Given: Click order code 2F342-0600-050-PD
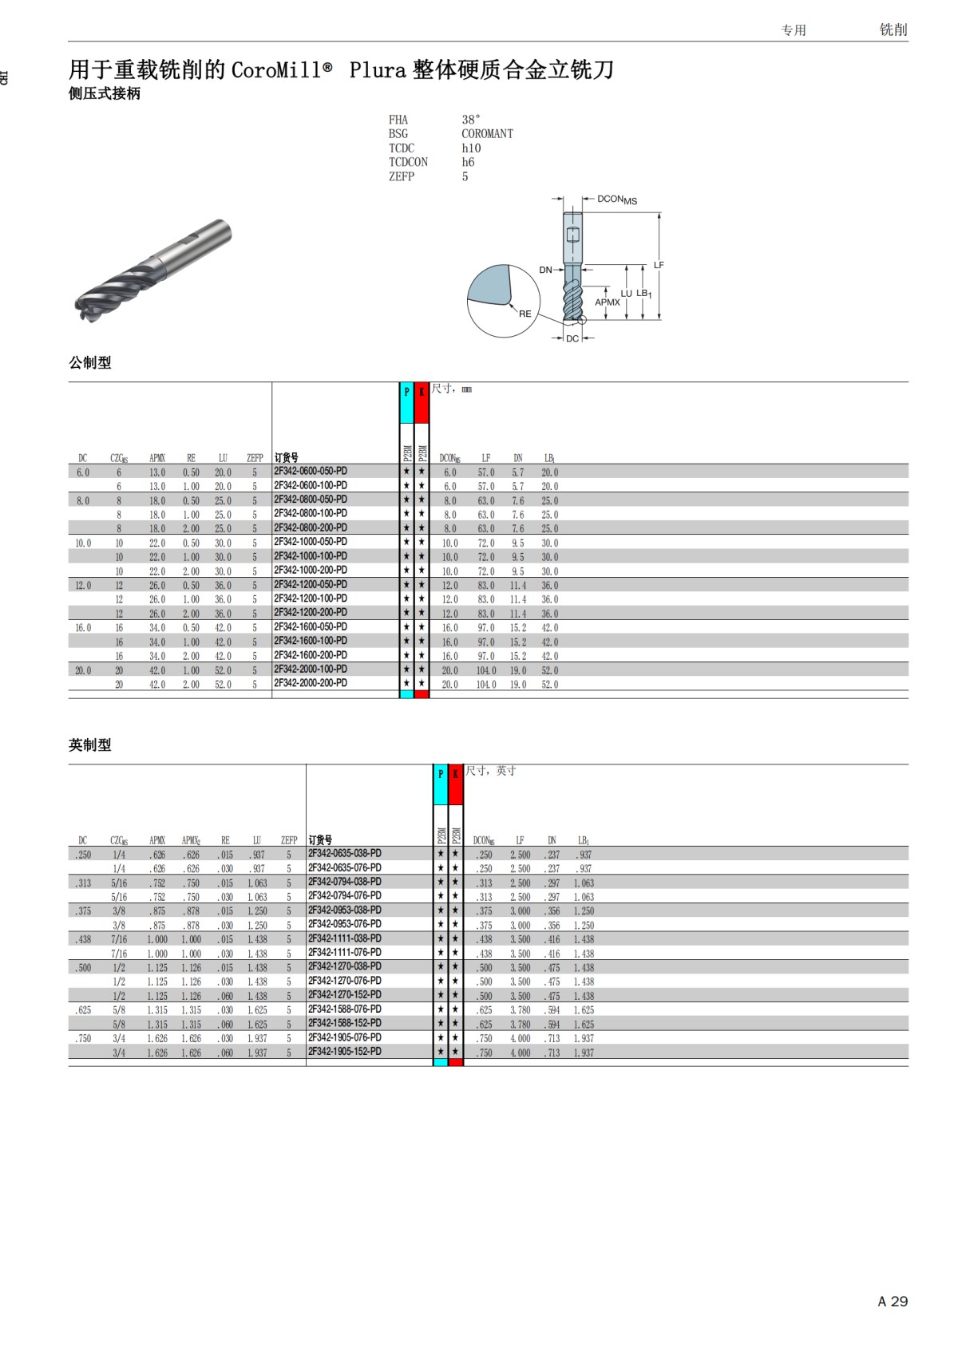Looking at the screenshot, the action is click(311, 471).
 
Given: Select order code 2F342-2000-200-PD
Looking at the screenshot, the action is click(311, 683).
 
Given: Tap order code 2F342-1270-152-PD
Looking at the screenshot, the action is click(345, 994).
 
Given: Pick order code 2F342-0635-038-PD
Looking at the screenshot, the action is click(345, 853).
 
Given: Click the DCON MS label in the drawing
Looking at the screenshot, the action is click(616, 199).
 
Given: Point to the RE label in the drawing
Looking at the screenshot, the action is click(525, 314).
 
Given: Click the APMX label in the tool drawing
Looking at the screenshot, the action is click(607, 302).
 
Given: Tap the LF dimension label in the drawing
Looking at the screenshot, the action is click(659, 265).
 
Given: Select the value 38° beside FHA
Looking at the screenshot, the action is click(471, 120).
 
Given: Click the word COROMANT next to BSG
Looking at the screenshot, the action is click(487, 134).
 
